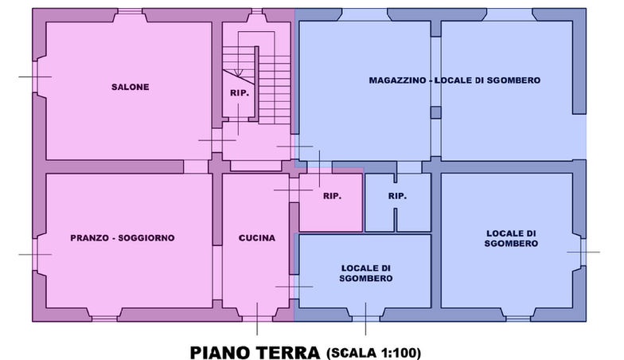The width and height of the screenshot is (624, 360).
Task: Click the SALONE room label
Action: [x=131, y=87]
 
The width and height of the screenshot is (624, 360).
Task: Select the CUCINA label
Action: [x=256, y=237]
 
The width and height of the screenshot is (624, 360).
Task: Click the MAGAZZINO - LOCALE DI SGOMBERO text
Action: [x=454, y=80]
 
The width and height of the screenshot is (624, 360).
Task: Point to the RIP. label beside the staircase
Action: [x=240, y=93]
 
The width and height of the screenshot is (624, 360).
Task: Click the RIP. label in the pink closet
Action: [x=332, y=196]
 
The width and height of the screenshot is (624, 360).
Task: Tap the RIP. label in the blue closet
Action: [x=397, y=196]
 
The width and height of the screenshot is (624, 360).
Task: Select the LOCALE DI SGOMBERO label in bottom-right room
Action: [x=510, y=237]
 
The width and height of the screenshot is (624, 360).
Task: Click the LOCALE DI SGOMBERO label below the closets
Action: [x=365, y=272]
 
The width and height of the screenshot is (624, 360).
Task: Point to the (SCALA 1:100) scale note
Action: [x=373, y=351]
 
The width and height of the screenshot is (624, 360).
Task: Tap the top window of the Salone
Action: [x=131, y=14]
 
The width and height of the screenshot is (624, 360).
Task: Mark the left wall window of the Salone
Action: [x=37, y=76]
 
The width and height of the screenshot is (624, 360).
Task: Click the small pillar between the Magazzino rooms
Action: [x=435, y=112]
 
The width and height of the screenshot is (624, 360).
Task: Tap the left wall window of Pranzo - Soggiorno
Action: [x=37, y=254]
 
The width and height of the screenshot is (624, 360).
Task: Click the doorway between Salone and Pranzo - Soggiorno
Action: [x=196, y=166]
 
